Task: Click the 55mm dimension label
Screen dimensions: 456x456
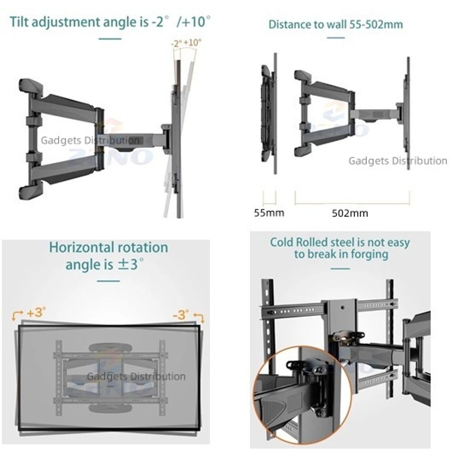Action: pos(269,213)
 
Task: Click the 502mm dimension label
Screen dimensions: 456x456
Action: pos(350,213)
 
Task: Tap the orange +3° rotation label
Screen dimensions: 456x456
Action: pos(36,313)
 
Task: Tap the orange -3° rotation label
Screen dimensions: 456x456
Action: pos(181,315)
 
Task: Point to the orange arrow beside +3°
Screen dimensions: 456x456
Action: pos(17,315)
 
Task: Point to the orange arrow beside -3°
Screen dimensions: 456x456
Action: pos(199,318)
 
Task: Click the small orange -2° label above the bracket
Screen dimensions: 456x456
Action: pos(176,44)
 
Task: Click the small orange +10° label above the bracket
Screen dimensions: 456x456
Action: pos(192,42)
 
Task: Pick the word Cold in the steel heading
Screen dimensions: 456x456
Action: pos(281,242)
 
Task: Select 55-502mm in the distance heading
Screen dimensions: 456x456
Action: pos(376,24)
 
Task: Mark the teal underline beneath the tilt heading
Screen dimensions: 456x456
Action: pos(110,39)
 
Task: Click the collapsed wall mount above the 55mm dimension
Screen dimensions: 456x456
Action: pos(269,114)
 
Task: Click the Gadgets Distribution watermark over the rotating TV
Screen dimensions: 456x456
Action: pos(136,376)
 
